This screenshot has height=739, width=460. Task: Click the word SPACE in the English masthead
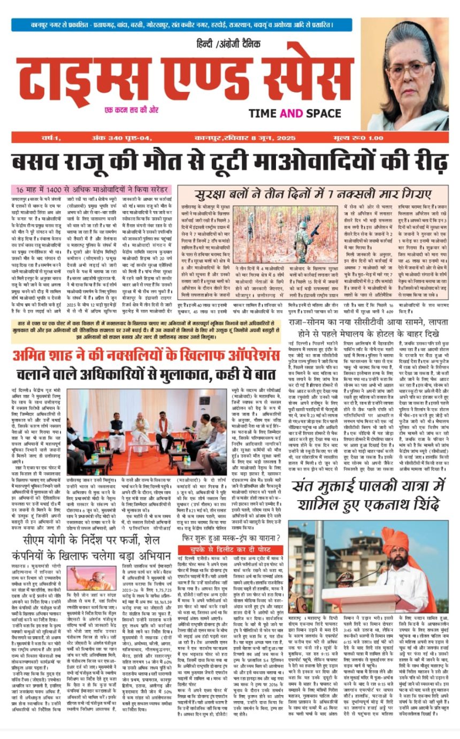click(318, 113)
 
